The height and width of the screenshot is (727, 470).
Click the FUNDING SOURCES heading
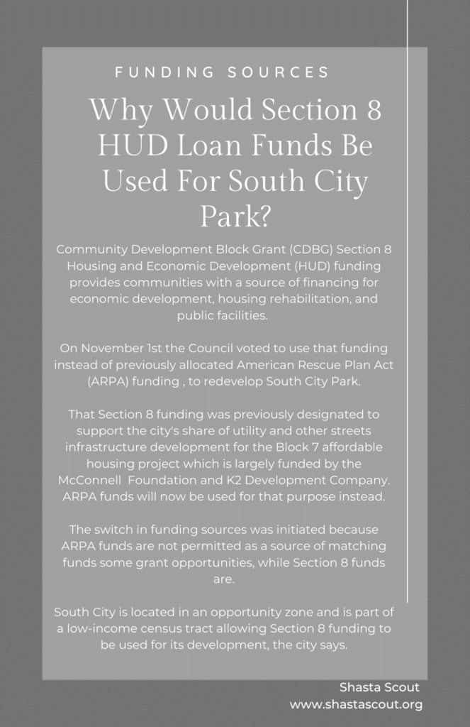(221, 72)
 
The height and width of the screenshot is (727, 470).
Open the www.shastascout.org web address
(356, 704)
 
